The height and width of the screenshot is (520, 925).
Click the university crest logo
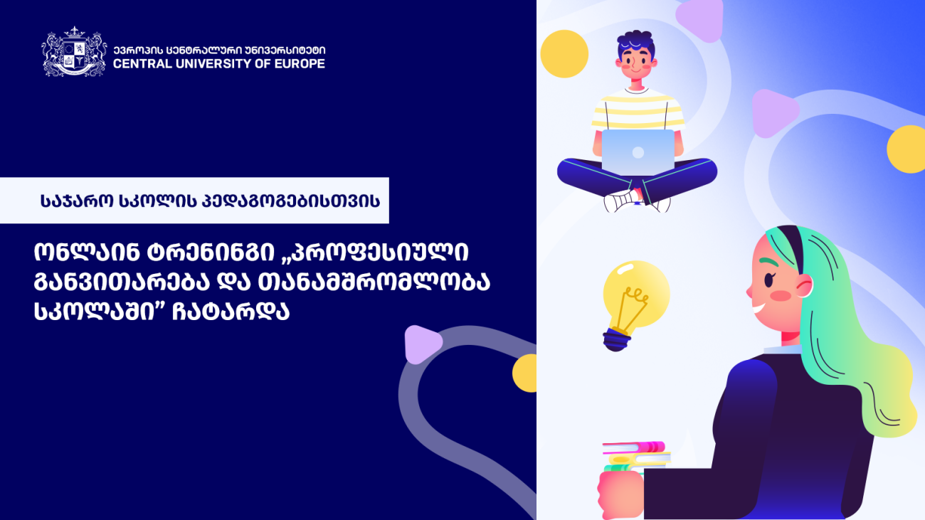pyautogui.click(x=74, y=52)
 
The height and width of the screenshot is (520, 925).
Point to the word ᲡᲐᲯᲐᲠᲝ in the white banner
pyautogui.click(x=77, y=201)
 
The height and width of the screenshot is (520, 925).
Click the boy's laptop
pyautogui.click(x=638, y=151)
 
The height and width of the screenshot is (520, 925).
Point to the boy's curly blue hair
pyautogui.click(x=636, y=43)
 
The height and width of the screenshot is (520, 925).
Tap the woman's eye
pyautogui.click(x=769, y=280)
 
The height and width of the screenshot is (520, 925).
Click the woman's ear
pyautogui.click(x=804, y=285)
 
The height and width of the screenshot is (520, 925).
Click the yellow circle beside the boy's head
pyautogui.click(x=564, y=53)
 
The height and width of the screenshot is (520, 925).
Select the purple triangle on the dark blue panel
pyautogui.click(x=422, y=344)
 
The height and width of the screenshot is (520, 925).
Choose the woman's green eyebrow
pyautogui.click(x=769, y=262)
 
